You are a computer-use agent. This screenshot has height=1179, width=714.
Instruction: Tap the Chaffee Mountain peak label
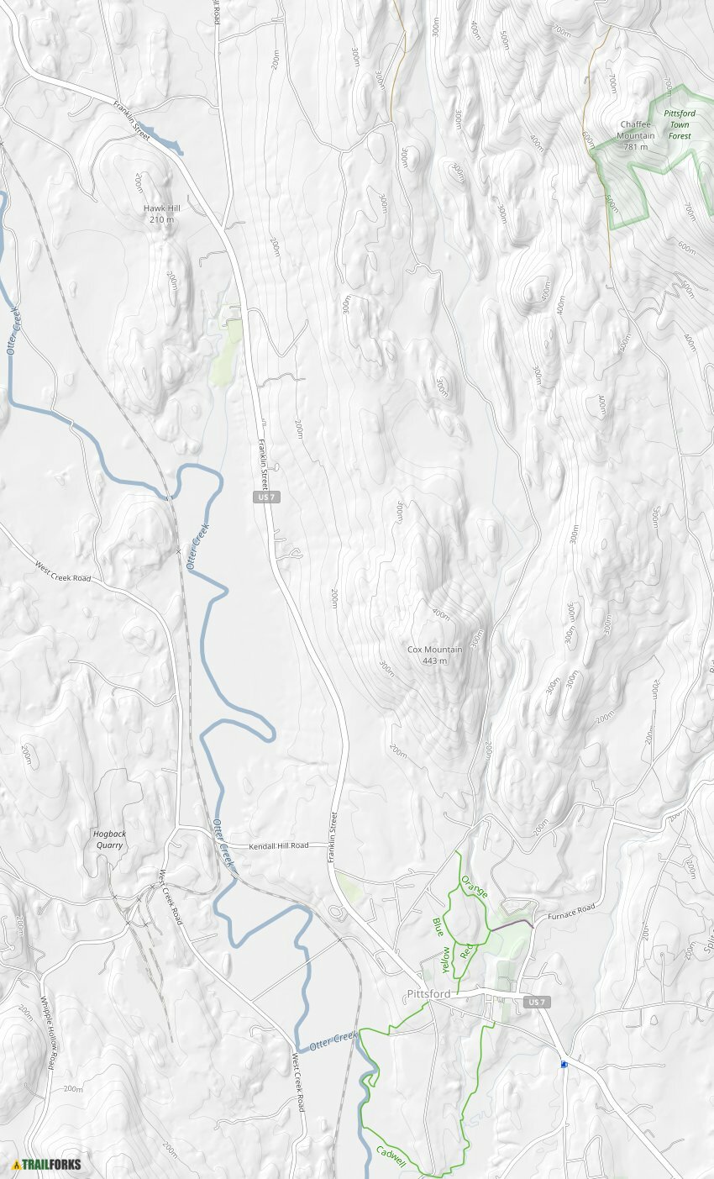[636, 135]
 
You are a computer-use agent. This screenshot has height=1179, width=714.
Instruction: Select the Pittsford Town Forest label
[679, 124]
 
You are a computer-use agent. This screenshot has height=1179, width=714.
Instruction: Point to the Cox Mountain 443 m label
[434, 655]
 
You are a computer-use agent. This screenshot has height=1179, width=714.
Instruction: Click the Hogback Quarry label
[109, 839]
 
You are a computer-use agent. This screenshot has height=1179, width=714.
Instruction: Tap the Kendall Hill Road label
[279, 845]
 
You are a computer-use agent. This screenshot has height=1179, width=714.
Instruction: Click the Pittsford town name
[428, 994]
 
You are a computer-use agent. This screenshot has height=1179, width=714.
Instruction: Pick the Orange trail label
[475, 887]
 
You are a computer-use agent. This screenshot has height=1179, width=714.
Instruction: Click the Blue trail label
[438, 927]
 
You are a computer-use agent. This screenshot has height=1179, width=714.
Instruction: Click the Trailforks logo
[47, 1165]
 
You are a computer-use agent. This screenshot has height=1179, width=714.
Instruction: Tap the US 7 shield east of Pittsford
[538, 1003]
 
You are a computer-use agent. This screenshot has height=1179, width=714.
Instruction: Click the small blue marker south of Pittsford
[564, 1064]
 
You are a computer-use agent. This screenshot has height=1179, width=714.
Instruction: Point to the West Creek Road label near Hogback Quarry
[171, 897]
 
